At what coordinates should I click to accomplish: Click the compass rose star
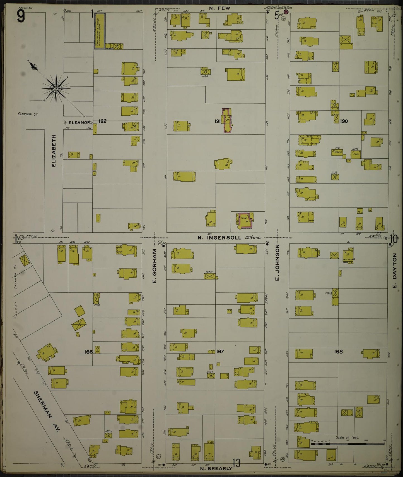(x=56, y=89)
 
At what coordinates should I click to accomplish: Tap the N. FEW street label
(x=220, y=8)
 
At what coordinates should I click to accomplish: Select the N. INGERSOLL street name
(x=220, y=238)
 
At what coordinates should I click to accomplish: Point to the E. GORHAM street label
(x=155, y=266)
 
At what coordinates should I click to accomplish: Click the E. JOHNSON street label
(x=277, y=263)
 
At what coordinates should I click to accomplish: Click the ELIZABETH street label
(x=54, y=151)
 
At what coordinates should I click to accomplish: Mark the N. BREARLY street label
(x=216, y=468)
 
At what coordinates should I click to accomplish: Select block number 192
(x=102, y=121)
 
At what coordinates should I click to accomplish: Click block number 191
(x=218, y=121)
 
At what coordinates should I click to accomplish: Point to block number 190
(x=344, y=121)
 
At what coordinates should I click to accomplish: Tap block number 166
(x=88, y=352)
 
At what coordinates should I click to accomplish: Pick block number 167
(x=220, y=351)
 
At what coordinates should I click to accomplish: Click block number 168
(x=338, y=351)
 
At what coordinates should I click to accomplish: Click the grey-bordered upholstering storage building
(x=100, y=31)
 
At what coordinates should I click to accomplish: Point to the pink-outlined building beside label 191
(x=227, y=120)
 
